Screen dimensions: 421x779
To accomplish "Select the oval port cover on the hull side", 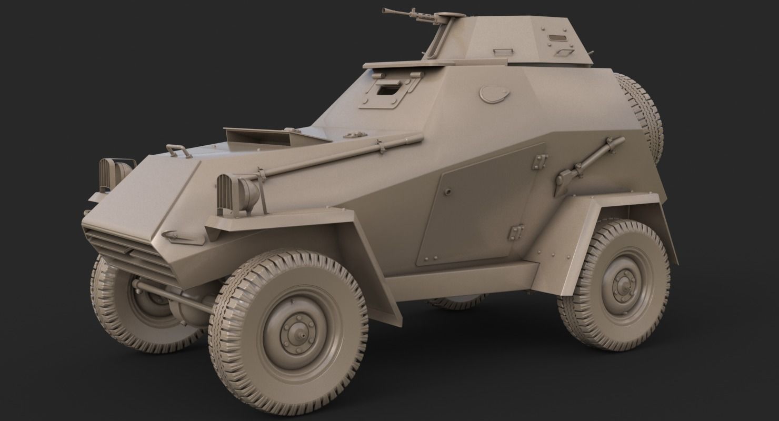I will [494, 94].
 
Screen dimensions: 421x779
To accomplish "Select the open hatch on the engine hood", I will [258, 137].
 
